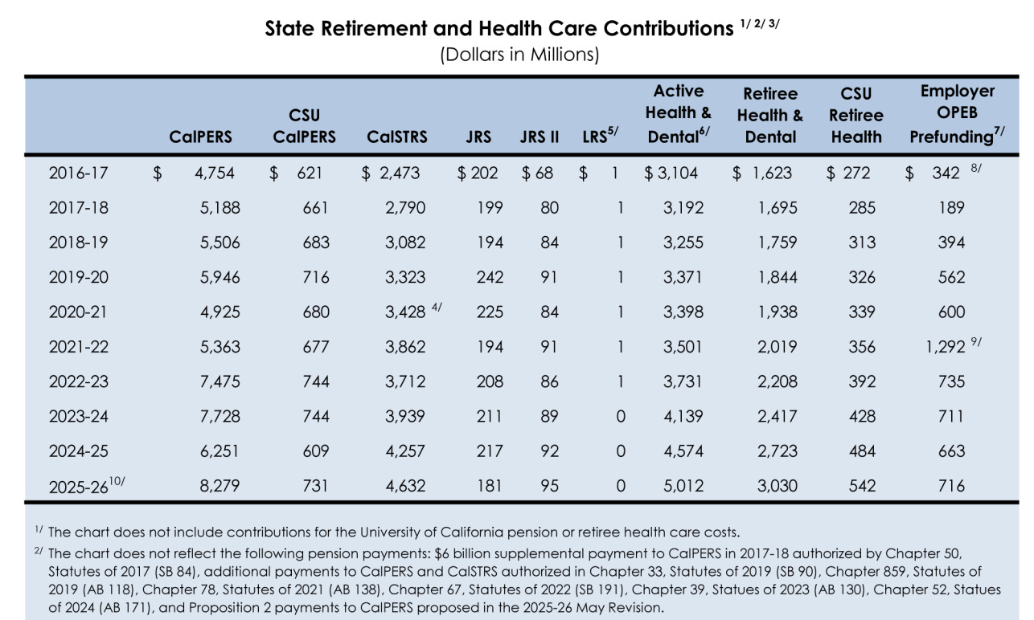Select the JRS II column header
(539, 137)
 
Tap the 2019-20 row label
(78, 277)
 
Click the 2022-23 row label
(78, 381)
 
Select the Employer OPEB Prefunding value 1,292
(945, 347)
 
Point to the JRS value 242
(490, 277)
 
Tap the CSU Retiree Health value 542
(857, 486)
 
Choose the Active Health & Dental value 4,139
(683, 416)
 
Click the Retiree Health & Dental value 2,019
(777, 347)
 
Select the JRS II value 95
(549, 486)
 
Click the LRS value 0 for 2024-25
(620, 451)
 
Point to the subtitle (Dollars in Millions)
(519, 55)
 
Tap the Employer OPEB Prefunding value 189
(951, 207)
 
